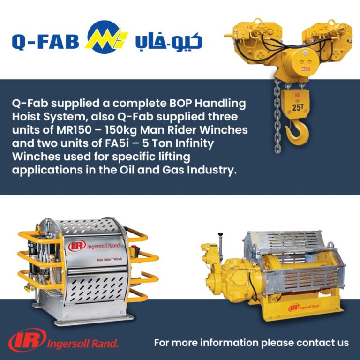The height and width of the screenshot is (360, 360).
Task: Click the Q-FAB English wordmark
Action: point(47,42)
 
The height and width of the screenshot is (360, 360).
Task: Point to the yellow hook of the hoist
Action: point(295,132)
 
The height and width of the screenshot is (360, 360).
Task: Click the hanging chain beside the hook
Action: point(278,117)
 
